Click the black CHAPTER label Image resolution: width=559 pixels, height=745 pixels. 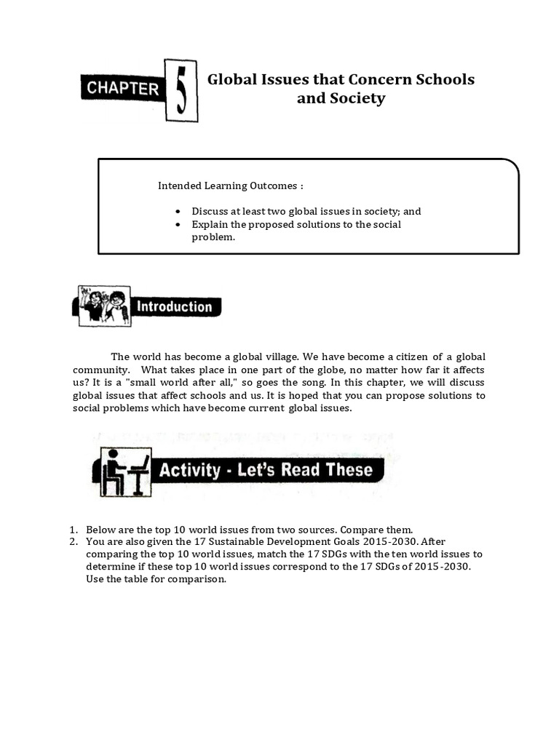(124, 89)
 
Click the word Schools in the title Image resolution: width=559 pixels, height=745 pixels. (443, 79)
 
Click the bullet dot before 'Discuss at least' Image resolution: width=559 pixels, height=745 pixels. (178, 212)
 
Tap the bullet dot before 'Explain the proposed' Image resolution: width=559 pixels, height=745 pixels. (178, 225)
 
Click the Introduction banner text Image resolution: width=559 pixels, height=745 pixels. (175, 307)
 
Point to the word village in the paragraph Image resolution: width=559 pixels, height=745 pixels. (278, 356)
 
